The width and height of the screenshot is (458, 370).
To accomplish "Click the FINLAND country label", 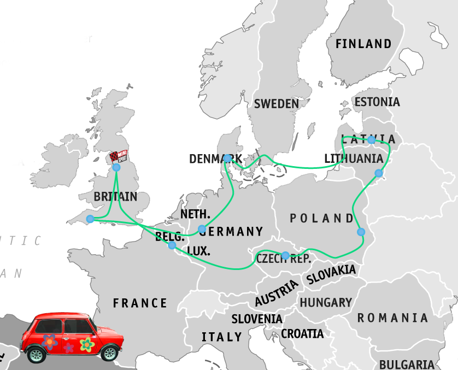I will [x=363, y=44].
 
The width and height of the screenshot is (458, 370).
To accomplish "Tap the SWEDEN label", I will [x=276, y=103].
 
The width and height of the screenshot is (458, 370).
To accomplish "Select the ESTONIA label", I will [x=377, y=102].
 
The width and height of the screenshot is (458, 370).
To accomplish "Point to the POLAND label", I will [x=321, y=218].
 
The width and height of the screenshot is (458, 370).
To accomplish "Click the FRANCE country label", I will [x=140, y=303].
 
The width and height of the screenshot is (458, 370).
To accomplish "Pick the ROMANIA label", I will [x=392, y=318].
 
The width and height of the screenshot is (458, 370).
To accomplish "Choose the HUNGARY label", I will [x=326, y=302].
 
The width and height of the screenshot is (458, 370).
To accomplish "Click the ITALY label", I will [x=221, y=337].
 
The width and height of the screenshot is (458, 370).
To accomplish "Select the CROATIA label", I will [x=302, y=333].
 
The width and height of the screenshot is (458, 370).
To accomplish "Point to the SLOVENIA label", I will [x=257, y=319].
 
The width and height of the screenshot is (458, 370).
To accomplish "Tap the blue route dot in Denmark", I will [x=227, y=158].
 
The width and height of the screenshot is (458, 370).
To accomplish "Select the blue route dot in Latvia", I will [x=371, y=140].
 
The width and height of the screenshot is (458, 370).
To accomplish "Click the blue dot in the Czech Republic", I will [x=285, y=255].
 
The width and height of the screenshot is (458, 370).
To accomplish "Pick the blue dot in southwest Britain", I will [x=90, y=219].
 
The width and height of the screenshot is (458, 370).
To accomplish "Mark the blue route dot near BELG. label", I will [x=172, y=245].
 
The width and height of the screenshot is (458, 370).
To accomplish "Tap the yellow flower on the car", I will [x=86, y=344].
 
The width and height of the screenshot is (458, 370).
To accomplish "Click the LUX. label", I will [x=198, y=251].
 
